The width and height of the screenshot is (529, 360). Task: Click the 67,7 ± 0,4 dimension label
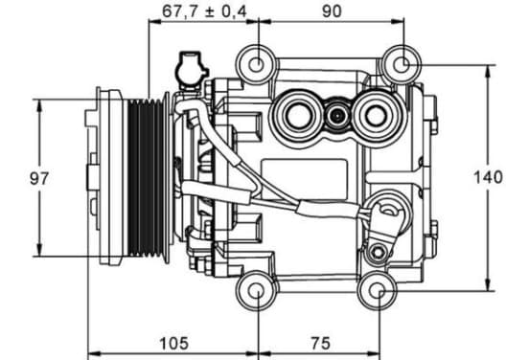click(x=204, y=11)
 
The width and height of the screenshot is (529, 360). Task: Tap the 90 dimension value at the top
click(x=332, y=11)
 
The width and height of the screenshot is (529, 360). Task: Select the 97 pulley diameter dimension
click(x=39, y=178)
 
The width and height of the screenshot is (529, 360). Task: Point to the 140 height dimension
click(x=488, y=177)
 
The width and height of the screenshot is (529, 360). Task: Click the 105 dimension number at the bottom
click(x=173, y=343)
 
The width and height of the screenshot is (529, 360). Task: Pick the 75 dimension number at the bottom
click(x=320, y=343)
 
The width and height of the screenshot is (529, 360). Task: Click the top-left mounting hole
click(x=257, y=64)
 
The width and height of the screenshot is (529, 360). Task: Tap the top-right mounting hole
click(x=402, y=64)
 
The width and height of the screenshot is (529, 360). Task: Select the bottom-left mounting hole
click(x=257, y=291)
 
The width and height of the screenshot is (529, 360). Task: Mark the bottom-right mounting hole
click(x=378, y=291)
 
